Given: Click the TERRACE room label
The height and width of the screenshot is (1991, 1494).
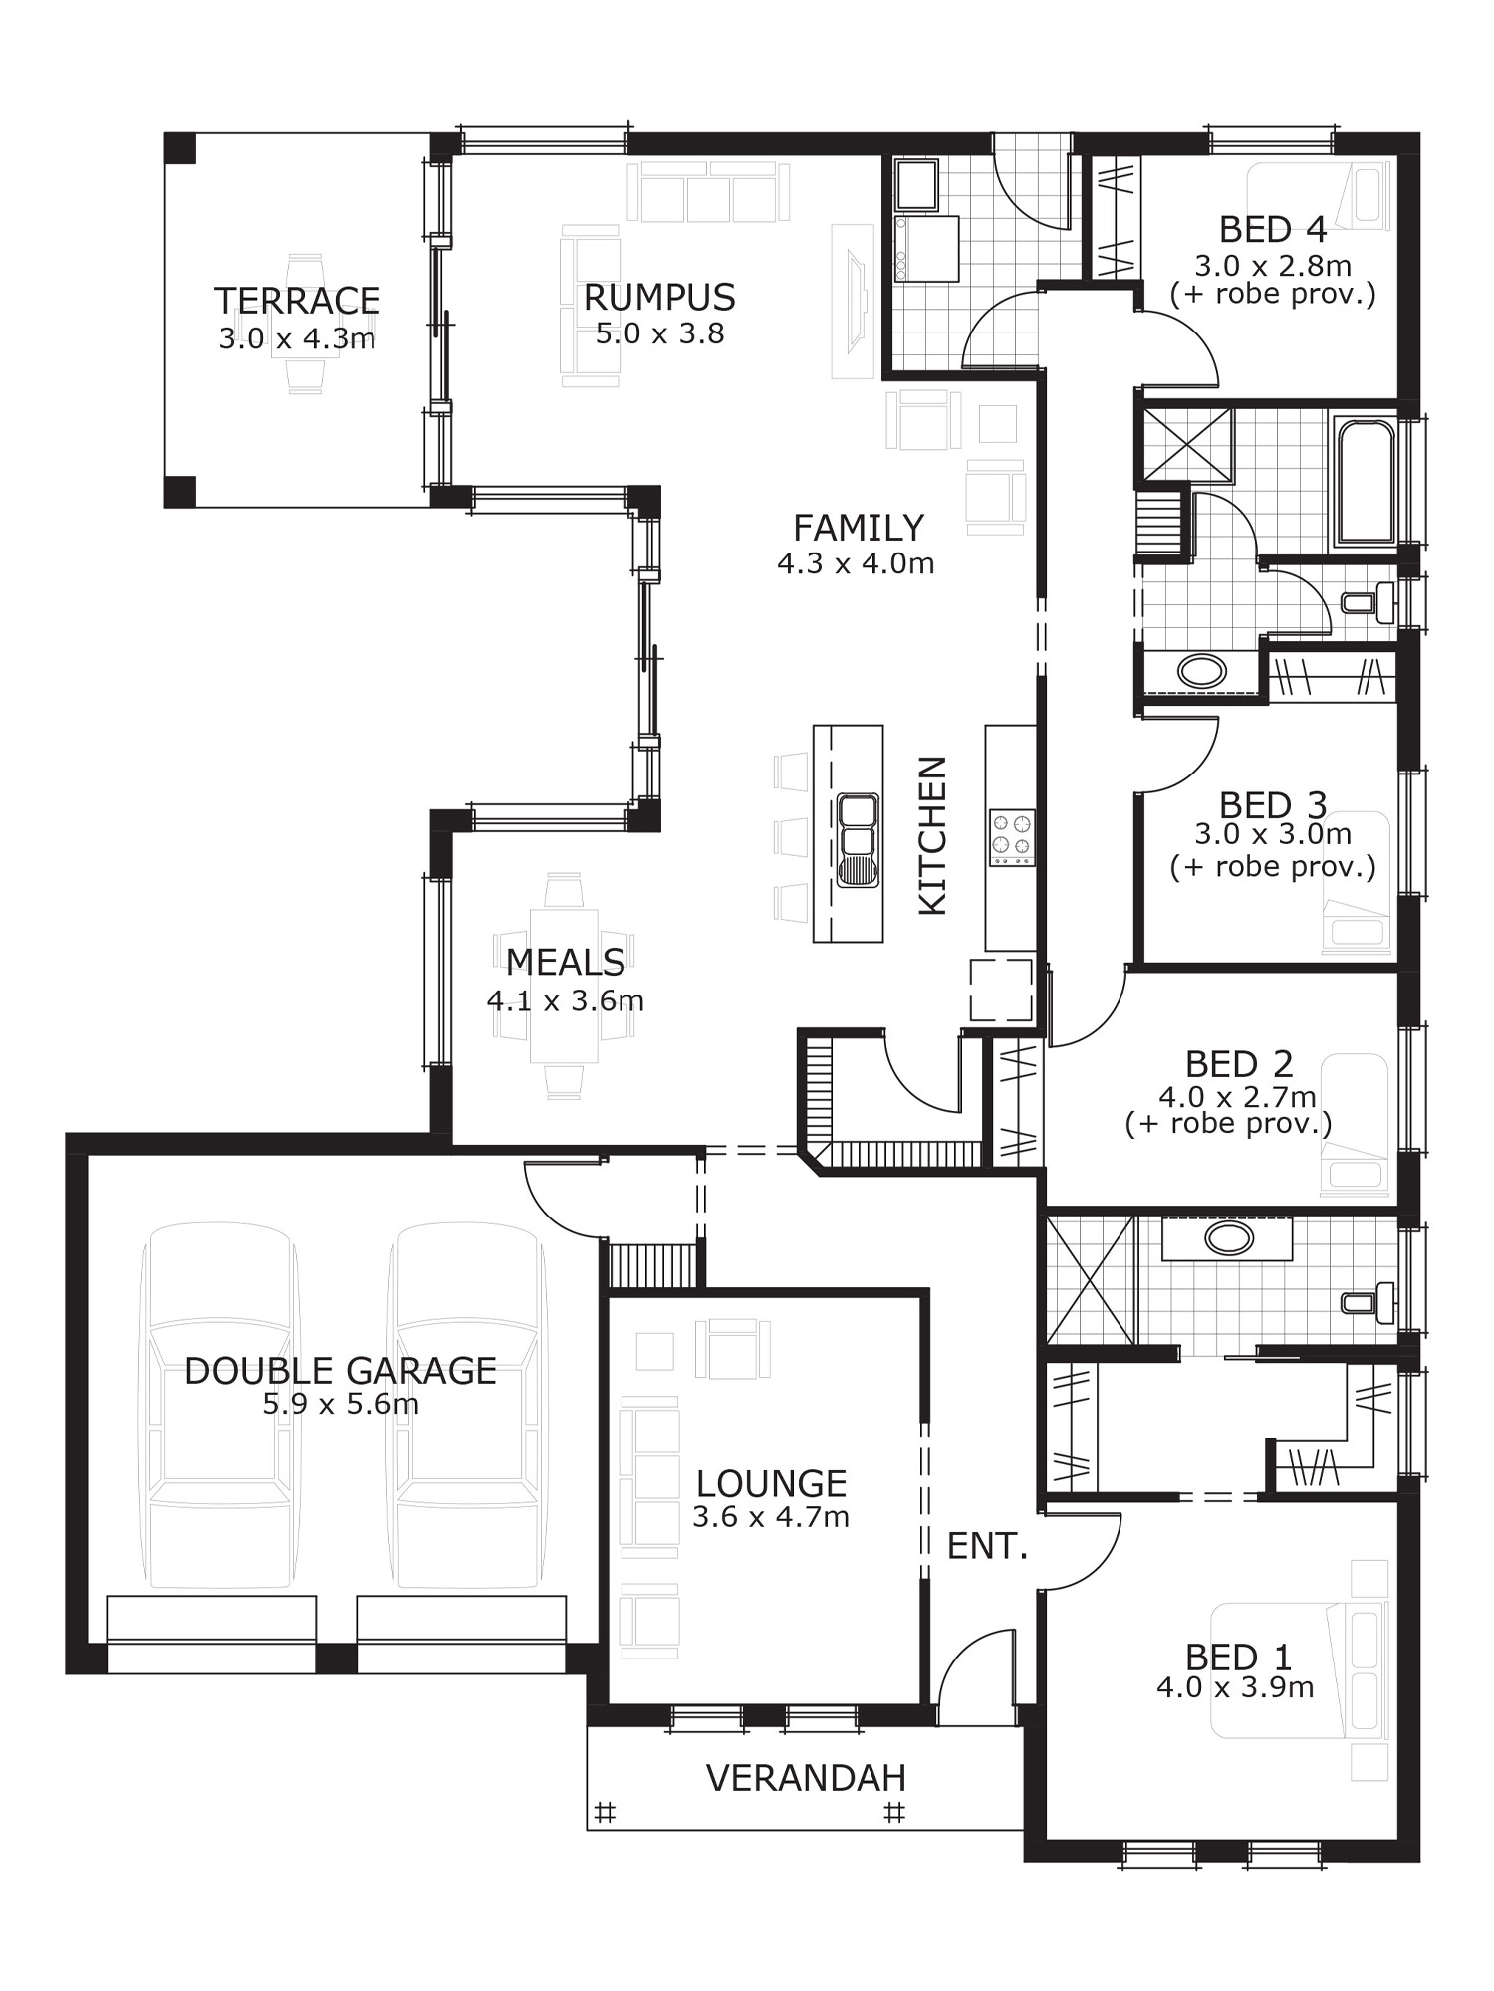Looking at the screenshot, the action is coord(298,300).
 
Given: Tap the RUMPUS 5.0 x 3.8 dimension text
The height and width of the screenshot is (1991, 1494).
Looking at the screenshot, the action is coord(659,333).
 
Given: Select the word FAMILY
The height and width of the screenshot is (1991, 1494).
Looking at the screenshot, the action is coord(858,527).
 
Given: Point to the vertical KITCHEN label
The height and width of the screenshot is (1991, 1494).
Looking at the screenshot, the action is coord(931,835).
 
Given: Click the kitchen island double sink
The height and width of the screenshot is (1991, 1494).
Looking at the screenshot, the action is coord(857,839).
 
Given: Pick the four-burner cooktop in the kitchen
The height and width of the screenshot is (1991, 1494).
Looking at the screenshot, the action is coord(1011,836).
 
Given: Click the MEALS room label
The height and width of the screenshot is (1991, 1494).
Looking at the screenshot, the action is coord(565,962).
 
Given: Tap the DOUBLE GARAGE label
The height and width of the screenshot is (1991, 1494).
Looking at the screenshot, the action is coord(341,1371).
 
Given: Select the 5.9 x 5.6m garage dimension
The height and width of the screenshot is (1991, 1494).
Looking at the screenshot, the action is coord(341,1404).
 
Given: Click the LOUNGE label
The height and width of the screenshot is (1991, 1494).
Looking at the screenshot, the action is coord(771,1483).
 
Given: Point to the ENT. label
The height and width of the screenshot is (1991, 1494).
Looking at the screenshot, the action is coord(986,1546).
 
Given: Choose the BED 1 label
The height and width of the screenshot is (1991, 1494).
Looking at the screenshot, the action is coord(1238,1657).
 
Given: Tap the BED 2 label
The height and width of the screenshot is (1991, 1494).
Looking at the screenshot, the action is coord(1239,1064).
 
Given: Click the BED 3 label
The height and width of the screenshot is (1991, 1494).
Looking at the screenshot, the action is coord(1273,804).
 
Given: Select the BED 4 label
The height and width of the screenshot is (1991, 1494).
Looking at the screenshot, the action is coord(1273,230).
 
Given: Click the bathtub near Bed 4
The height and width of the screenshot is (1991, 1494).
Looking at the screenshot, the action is coord(1365,483).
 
